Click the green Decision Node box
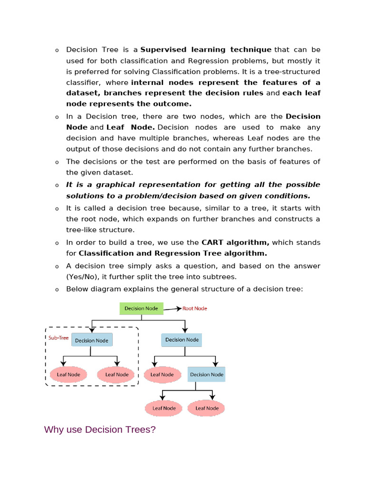[141, 308]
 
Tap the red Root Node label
[195, 308]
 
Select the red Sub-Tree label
[58, 338]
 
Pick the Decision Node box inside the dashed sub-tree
[92, 340]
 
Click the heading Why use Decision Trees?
[100, 430]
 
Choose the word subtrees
[220, 277]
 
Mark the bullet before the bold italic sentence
[57, 186]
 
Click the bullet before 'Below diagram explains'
[57, 290]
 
